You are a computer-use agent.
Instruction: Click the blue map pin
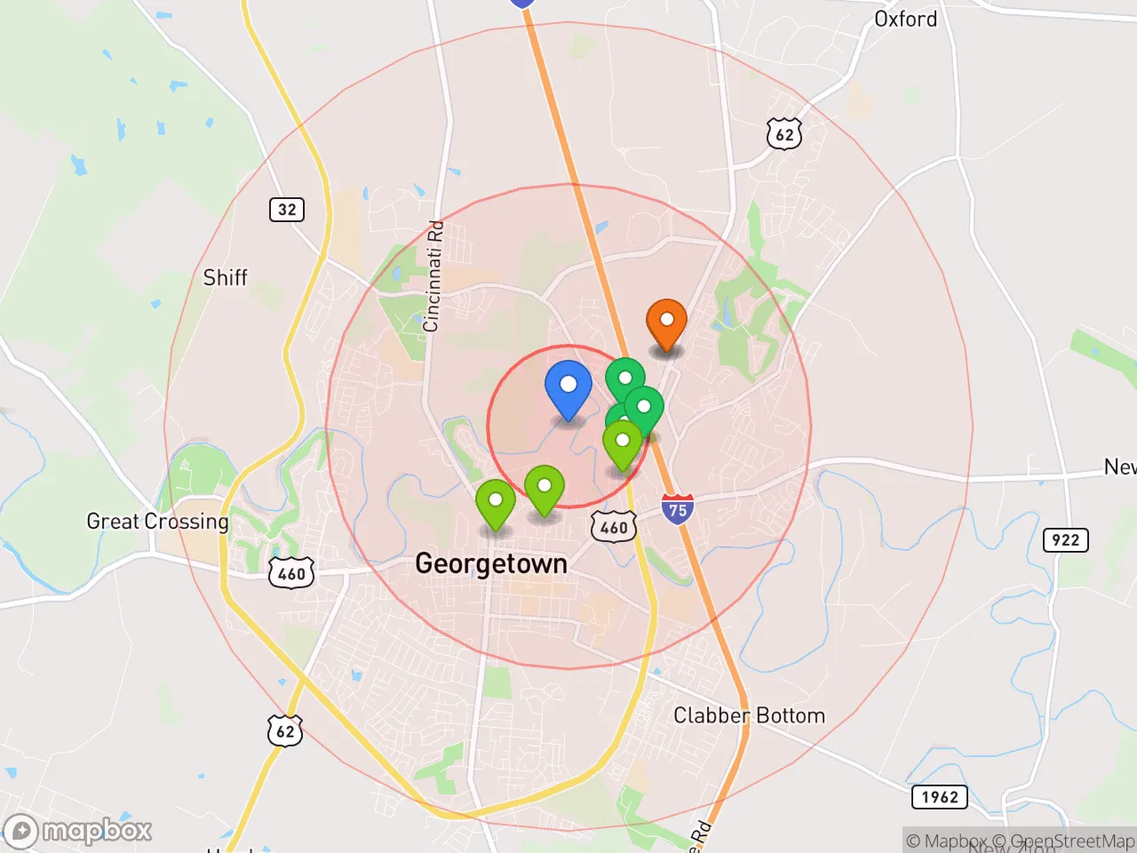[x=568, y=387]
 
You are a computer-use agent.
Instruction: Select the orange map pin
[x=666, y=322]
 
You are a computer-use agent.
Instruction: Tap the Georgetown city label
[x=490, y=563]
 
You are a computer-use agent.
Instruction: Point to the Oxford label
[x=905, y=19]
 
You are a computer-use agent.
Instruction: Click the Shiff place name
[x=225, y=277]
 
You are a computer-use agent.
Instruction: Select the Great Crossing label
[x=157, y=521]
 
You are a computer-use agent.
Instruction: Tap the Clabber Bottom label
[x=749, y=715]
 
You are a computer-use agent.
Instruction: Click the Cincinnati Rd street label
[x=433, y=276]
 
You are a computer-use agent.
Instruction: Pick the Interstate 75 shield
[x=678, y=509]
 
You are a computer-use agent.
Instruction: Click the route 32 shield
[x=287, y=210]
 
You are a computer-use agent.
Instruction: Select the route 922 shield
[x=1065, y=539]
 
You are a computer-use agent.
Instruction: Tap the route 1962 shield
[x=939, y=796]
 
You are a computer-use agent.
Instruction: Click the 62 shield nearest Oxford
[x=784, y=134]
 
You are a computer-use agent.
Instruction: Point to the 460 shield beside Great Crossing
[x=291, y=573]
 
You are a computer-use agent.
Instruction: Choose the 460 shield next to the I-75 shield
[x=614, y=527]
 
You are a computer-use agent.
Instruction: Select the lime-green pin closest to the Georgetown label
[x=496, y=502]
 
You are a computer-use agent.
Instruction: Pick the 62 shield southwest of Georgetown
[x=285, y=731]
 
